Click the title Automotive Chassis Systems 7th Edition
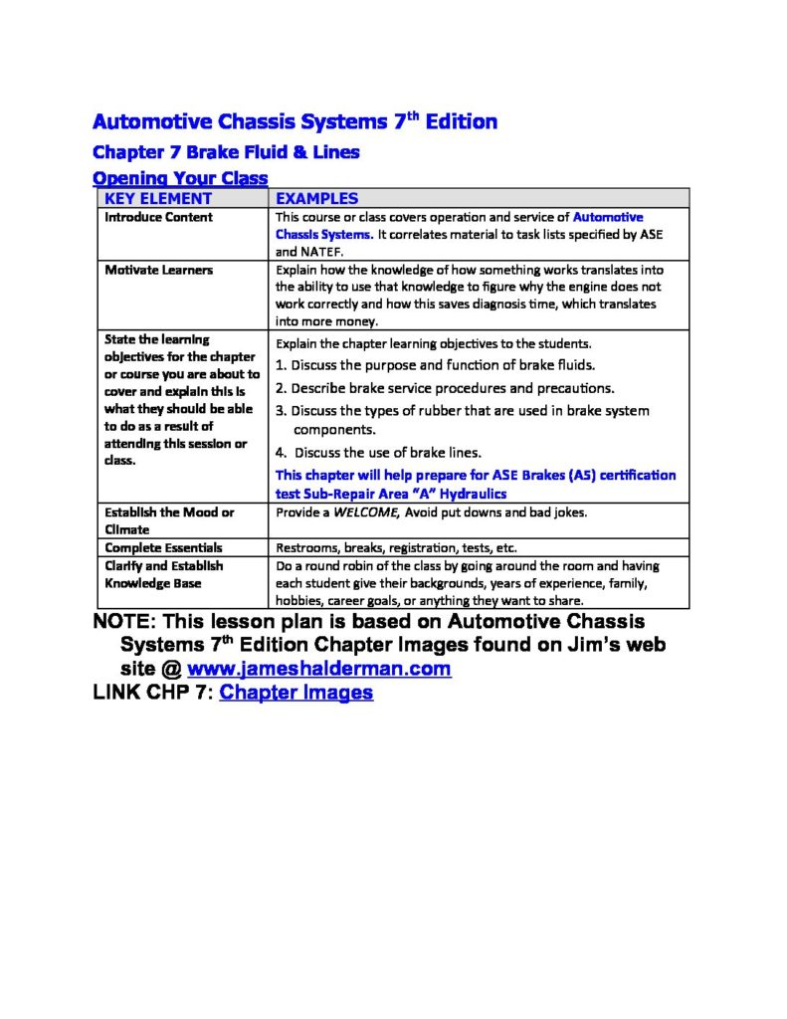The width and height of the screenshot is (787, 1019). (295, 122)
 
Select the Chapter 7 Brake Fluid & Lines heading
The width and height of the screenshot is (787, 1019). (225, 153)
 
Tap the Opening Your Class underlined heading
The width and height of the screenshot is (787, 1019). (180, 178)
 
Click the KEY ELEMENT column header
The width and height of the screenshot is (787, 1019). (158, 198)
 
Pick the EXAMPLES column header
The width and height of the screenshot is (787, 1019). (316, 198)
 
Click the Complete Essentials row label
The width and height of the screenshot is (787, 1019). (163, 547)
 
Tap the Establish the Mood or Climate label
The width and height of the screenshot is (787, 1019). (169, 520)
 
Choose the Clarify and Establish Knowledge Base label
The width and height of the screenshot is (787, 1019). (164, 574)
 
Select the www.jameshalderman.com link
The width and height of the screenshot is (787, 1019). (318, 669)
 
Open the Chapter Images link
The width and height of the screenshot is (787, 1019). (295, 693)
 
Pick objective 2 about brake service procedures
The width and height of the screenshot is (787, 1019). (445, 388)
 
